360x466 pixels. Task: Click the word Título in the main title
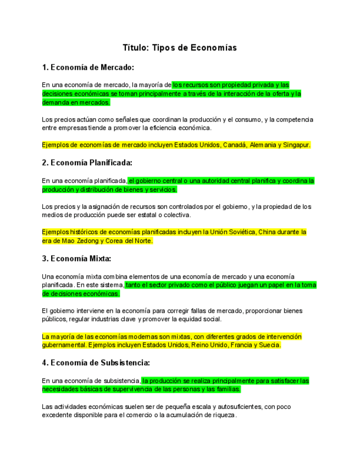click(135, 48)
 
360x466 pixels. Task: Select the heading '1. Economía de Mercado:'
click(88, 68)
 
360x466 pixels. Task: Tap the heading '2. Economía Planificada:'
click(87, 163)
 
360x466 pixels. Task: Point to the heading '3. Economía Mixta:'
click(76, 258)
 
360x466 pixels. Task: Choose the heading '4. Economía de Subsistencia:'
click(96, 363)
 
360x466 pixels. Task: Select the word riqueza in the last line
click(223, 415)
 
